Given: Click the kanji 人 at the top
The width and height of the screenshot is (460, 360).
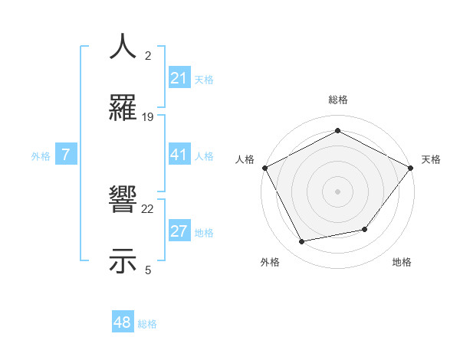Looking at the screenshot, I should [x=123, y=47].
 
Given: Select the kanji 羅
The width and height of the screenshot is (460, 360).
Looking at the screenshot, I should [x=123, y=108].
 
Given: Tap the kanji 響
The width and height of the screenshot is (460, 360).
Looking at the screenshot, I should [x=123, y=201].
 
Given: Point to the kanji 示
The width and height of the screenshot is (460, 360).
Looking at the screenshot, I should [x=123, y=261].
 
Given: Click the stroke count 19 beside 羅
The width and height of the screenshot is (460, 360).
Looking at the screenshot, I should [x=148, y=117].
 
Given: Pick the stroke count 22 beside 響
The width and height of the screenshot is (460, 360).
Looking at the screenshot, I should [x=148, y=209].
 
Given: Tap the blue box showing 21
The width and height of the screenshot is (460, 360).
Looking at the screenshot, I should [x=179, y=78].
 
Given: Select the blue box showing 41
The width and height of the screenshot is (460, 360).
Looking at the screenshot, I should [x=179, y=155].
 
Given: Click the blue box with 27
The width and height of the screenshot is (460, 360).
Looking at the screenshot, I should [x=179, y=231].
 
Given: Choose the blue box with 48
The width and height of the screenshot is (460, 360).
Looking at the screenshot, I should [x=123, y=322].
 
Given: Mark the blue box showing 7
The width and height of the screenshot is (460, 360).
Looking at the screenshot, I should [x=66, y=155].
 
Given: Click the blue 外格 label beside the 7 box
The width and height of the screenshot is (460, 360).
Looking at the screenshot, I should [x=41, y=155].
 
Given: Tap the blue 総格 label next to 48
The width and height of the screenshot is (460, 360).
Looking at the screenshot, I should [x=147, y=323].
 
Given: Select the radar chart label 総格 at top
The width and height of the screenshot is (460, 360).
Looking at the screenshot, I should [x=337, y=100].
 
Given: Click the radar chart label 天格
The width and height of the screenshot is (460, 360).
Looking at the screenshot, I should [x=432, y=159].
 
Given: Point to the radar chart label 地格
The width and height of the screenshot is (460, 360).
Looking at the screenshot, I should [x=402, y=262].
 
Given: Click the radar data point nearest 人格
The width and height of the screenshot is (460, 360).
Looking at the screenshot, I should [x=264, y=167].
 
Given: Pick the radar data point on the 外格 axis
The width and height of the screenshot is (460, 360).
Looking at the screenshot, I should [x=302, y=241].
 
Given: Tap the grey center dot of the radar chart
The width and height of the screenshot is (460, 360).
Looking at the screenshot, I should [x=337, y=191].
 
